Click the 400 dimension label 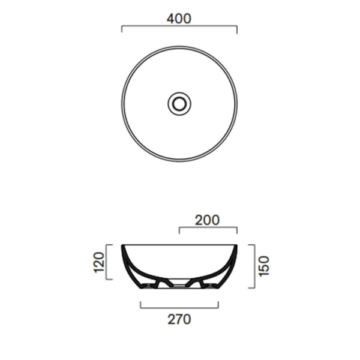pos(179,19)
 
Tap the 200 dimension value pos(208,220)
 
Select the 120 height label pos(99,262)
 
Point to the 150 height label pos(264,266)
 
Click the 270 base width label pos(179,319)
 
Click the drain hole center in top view pos(179,104)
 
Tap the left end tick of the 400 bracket pos(122,29)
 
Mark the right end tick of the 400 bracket pos(237,29)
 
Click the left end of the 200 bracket pos(179,230)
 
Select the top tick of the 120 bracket pos(109,245)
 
